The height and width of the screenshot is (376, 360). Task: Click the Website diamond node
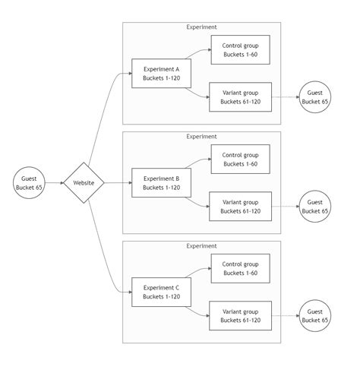click(x=83, y=183)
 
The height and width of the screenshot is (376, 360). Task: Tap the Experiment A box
click(x=161, y=74)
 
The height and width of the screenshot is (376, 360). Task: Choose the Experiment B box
click(x=161, y=183)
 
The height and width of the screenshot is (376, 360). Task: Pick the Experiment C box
click(x=161, y=292)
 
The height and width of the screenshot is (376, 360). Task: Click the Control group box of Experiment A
click(x=240, y=50)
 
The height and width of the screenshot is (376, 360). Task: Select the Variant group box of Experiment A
click(x=240, y=97)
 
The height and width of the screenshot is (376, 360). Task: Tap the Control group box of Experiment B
click(x=240, y=160)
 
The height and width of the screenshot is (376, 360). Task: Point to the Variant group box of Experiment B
click(x=240, y=207)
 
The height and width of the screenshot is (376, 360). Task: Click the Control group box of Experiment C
click(x=240, y=269)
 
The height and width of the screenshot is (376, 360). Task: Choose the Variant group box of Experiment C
click(x=240, y=316)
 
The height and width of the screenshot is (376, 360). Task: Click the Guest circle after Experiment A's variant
click(x=315, y=97)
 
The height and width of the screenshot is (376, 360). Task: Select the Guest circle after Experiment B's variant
click(x=315, y=207)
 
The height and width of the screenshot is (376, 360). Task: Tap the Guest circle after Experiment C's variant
click(x=315, y=316)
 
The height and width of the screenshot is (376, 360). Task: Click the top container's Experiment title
click(x=201, y=27)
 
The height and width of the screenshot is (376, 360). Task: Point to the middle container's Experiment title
click(x=201, y=137)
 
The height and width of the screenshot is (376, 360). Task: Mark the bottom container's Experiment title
click(x=201, y=246)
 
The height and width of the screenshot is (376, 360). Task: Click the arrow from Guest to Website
click(x=53, y=183)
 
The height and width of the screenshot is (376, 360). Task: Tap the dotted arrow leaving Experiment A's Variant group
click(x=285, y=97)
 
